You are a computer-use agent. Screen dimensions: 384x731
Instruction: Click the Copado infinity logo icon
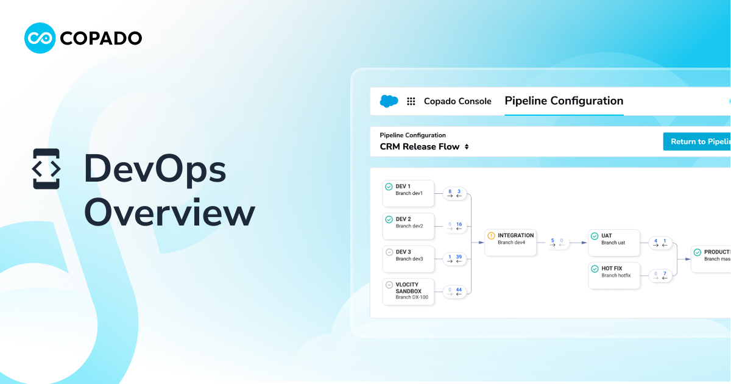pyautogui.click(x=40, y=38)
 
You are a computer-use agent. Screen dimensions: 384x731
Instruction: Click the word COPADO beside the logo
pyautogui.click(x=101, y=38)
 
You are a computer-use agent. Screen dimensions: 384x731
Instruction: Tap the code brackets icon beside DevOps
pyautogui.click(x=46, y=168)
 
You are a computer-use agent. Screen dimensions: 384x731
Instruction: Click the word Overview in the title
pyautogui.click(x=169, y=213)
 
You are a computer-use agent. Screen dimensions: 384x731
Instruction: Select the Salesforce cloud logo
pyautogui.click(x=389, y=101)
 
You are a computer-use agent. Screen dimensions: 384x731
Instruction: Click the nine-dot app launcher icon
pyautogui.click(x=411, y=101)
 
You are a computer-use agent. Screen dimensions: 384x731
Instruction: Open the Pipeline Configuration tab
pyautogui.click(x=563, y=101)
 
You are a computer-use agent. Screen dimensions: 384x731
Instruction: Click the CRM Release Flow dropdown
pyautogui.click(x=425, y=146)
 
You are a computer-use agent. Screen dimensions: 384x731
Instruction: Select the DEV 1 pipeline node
pyautogui.click(x=408, y=193)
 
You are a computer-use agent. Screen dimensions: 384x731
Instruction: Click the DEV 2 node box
pyautogui.click(x=408, y=226)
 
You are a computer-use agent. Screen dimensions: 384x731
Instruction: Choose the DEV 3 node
pyautogui.click(x=408, y=259)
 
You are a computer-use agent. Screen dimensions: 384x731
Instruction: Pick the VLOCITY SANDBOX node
pyautogui.click(x=408, y=291)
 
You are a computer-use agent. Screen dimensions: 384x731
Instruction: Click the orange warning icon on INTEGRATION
pyautogui.click(x=491, y=235)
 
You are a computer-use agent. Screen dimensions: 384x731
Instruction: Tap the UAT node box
pyautogui.click(x=614, y=243)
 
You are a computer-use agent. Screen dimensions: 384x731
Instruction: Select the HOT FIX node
pyautogui.click(x=614, y=276)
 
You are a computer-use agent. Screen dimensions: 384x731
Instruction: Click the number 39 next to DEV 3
pyautogui.click(x=459, y=257)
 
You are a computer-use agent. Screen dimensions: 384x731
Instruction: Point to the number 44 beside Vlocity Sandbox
pyautogui.click(x=459, y=290)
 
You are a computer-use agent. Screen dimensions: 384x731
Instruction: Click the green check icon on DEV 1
pyautogui.click(x=389, y=187)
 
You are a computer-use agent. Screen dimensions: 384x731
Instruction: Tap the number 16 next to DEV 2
pyautogui.click(x=459, y=224)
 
